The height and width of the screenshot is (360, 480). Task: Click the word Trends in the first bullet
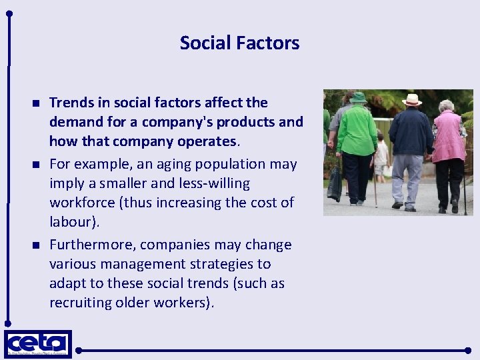click(71, 103)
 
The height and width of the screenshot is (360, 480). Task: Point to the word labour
click(71, 221)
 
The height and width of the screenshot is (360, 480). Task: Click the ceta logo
click(37, 343)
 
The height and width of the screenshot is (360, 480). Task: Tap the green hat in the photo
click(359, 97)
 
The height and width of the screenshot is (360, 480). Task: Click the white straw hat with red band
click(412, 99)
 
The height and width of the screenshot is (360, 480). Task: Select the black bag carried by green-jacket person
click(335, 183)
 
